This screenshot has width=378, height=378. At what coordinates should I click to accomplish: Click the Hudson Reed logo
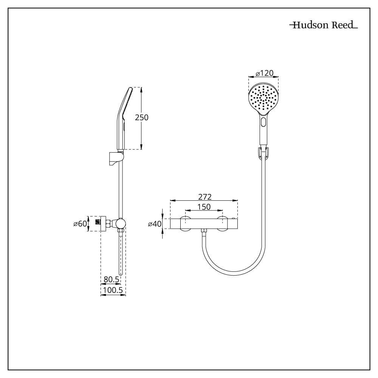324,25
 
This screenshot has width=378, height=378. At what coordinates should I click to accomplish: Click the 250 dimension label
141,118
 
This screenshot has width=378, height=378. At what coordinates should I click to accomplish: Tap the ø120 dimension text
265,73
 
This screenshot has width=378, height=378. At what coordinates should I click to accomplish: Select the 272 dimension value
204,197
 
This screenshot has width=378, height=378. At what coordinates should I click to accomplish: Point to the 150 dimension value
204,207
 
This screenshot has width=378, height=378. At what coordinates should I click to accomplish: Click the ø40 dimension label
155,224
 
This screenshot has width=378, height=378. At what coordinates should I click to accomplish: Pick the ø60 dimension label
80,224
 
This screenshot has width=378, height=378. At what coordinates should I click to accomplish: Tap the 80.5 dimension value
112,279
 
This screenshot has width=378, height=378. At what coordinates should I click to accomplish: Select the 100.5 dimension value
113,290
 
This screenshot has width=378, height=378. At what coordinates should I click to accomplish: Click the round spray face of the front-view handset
263,98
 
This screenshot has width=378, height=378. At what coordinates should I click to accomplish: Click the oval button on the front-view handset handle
263,122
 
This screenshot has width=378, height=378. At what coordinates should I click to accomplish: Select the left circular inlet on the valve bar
185,224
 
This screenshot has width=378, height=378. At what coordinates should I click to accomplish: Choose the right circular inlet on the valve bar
222,224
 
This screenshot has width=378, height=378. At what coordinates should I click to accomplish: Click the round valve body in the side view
120,223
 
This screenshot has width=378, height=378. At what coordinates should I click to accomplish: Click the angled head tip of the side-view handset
131,88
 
